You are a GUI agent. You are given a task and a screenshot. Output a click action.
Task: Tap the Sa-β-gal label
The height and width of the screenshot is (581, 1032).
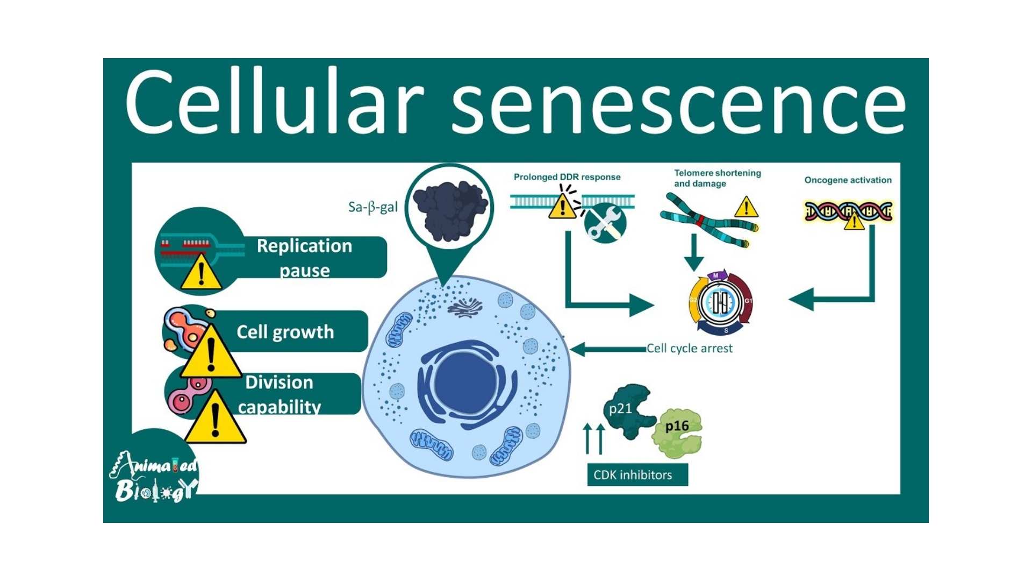(x=372, y=207)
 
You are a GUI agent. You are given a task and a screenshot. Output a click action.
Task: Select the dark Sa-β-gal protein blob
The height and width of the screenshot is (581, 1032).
(x=450, y=210)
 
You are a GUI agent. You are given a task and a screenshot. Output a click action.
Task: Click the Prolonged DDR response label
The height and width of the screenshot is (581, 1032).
(x=567, y=177)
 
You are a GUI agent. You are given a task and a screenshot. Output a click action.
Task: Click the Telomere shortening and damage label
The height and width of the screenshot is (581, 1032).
(x=717, y=178)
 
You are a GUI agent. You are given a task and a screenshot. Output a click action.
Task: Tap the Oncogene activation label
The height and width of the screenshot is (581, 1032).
(x=848, y=180)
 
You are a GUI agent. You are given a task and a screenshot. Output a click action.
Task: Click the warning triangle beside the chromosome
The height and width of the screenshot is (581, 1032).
(x=746, y=208)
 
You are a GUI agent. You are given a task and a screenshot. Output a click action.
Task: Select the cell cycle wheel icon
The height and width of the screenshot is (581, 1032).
(x=721, y=302)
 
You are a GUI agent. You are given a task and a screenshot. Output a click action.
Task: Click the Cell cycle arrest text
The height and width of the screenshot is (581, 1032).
(x=689, y=349)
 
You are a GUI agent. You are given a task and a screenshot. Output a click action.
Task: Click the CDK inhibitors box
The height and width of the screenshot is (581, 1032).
(x=637, y=475)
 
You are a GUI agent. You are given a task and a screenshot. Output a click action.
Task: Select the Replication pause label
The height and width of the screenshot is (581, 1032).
(x=304, y=257)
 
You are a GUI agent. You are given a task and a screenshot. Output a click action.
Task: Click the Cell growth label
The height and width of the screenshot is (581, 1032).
(x=285, y=332)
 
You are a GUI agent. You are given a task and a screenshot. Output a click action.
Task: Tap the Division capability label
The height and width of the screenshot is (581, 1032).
(x=279, y=394)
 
